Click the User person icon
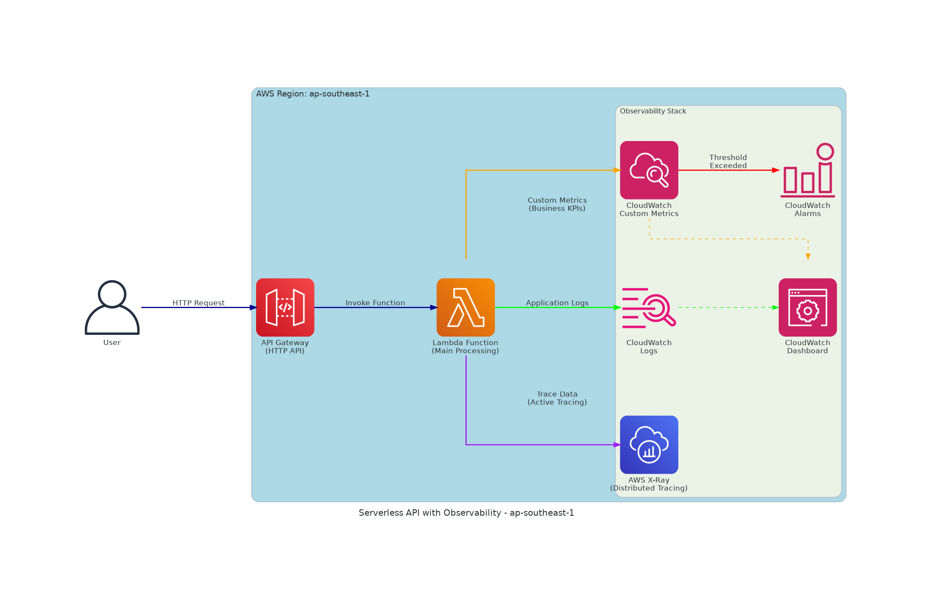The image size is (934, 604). tap(112, 308)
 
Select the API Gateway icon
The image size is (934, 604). tap(285, 307)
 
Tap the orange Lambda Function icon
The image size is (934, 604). tap(465, 307)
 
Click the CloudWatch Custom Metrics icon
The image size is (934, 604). tap(649, 170)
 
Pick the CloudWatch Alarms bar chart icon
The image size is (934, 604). tap(808, 170)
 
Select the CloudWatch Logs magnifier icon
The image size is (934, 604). tap(649, 308)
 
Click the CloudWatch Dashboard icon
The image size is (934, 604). tap(808, 307)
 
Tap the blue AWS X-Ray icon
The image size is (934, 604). tap(649, 445)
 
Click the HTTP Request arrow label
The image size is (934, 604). tap(199, 303)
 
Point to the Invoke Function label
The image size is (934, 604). tap(375, 303)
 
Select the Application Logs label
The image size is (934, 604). tap(557, 303)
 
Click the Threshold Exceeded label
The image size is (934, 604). tap(728, 161)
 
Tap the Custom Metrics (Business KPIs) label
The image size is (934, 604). tap(557, 204)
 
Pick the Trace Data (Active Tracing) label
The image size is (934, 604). tap(557, 398)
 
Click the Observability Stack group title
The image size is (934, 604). tap(653, 111)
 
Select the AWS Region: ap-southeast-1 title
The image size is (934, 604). tap(313, 94)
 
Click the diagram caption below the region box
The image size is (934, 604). tap(466, 513)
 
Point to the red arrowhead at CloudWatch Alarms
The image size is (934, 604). tap(776, 170)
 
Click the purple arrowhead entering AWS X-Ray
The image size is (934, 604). tap(617, 445)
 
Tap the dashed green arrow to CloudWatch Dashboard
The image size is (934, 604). tap(727, 308)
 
